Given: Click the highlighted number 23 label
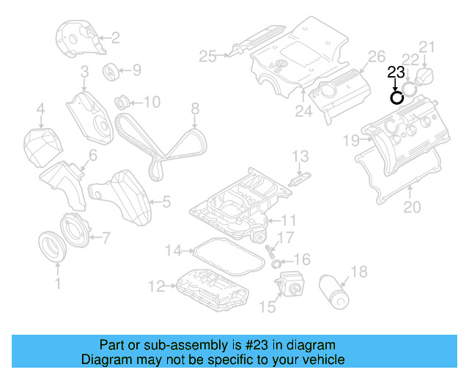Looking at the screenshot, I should (x=395, y=72).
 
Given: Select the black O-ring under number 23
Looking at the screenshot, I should (x=396, y=97).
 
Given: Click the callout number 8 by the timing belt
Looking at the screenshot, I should (x=195, y=109).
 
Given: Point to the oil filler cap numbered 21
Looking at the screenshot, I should (x=426, y=76).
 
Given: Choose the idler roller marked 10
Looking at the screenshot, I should (x=122, y=100).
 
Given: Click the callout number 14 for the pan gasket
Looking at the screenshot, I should (x=172, y=251).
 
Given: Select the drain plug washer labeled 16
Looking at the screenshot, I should (x=276, y=262).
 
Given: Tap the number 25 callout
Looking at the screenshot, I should (x=208, y=56).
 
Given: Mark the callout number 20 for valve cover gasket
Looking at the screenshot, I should (x=413, y=207).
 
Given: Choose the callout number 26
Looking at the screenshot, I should (x=375, y=56).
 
